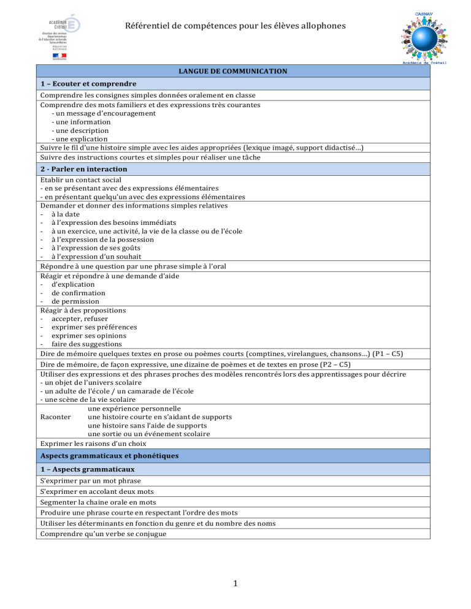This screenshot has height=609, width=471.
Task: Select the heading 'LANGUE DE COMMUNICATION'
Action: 232,71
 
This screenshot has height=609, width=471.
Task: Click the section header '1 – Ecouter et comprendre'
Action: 88,83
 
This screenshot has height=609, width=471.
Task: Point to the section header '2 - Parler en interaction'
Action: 83,168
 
